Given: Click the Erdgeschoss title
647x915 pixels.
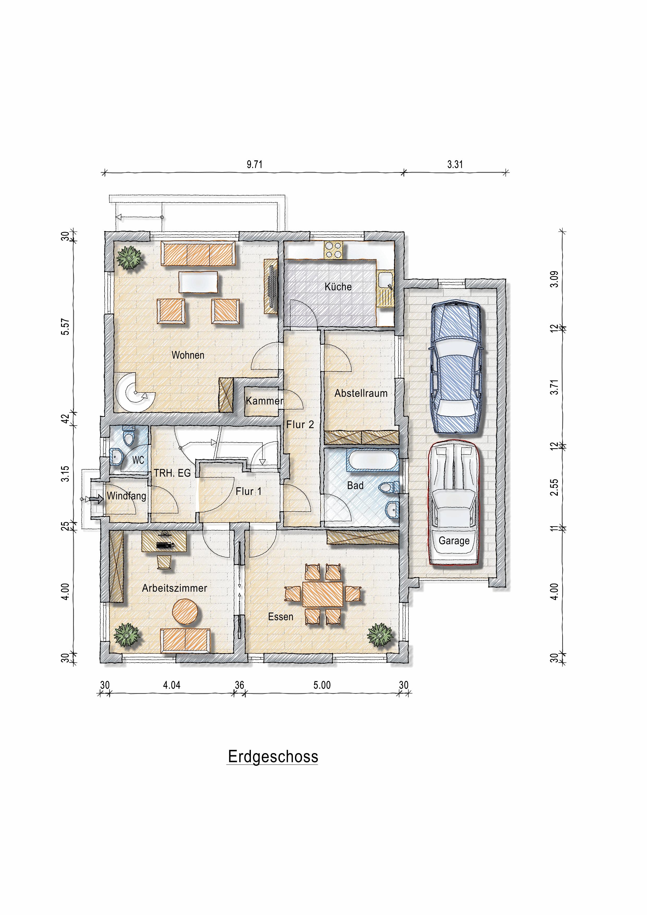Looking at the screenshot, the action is pyautogui.click(x=273, y=757).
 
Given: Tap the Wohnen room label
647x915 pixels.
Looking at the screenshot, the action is pyautogui.click(x=188, y=355).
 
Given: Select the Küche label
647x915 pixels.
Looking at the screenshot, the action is pyautogui.click(x=338, y=287).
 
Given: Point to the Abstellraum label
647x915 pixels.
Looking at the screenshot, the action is pyautogui.click(x=361, y=393).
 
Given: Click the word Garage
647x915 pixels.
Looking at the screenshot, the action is pyautogui.click(x=454, y=541).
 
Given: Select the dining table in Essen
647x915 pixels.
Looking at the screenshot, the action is pyautogui.click(x=323, y=594).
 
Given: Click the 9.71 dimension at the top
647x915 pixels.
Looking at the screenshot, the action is pyautogui.click(x=254, y=164).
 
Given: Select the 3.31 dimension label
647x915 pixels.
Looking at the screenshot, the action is pyautogui.click(x=455, y=164).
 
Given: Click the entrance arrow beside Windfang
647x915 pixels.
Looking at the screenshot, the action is pyautogui.click(x=96, y=499).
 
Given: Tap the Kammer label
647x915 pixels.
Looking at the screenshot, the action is pyautogui.click(x=264, y=401).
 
